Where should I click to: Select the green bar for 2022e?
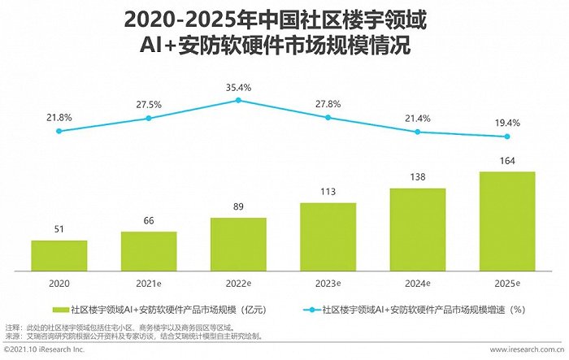[x=238, y=244]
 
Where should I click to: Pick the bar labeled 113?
[x=328, y=236]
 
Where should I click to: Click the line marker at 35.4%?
[x=238, y=100]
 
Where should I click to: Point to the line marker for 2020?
[x=59, y=131]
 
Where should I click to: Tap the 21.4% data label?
[x=418, y=119]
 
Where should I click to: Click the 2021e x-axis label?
[x=149, y=282]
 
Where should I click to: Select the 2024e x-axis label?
[x=418, y=282]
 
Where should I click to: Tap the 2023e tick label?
[x=328, y=282]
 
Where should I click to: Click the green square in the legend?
[x=61, y=310]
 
